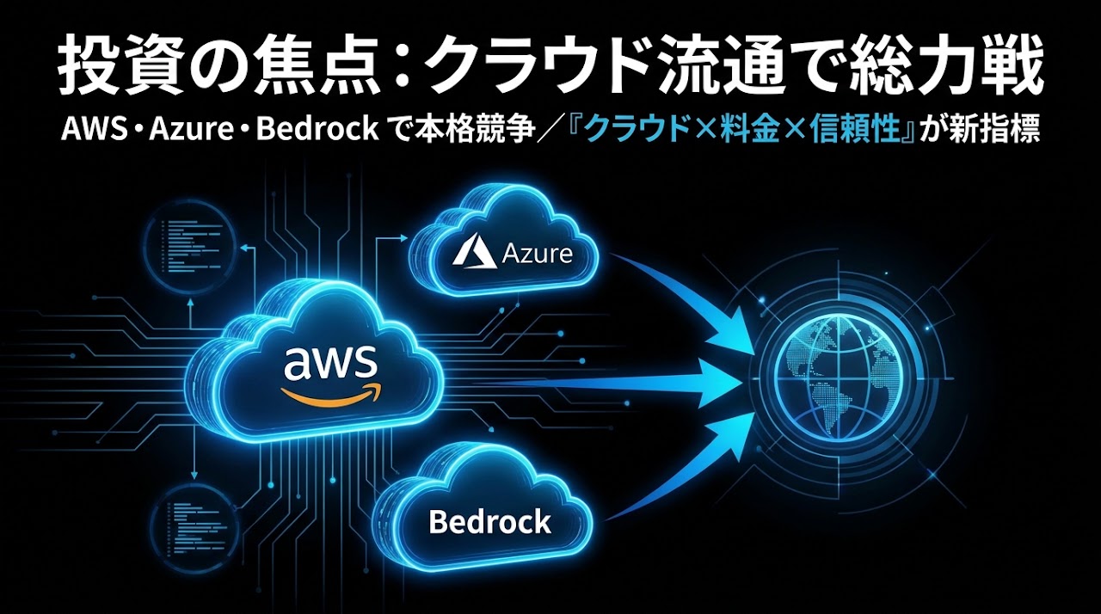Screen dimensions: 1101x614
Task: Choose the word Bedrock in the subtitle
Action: point(317,130)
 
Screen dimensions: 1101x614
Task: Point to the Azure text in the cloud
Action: point(538,255)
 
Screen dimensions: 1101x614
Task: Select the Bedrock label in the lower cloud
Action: point(489,522)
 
